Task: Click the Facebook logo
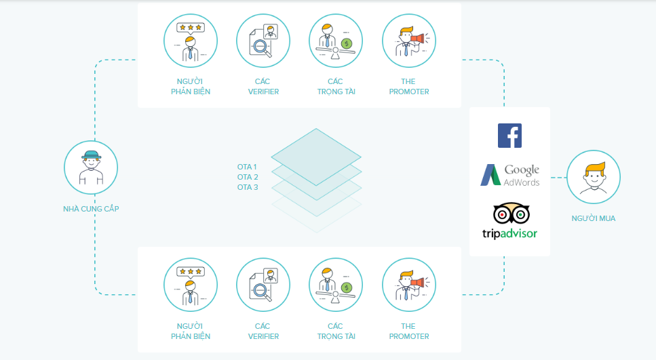coord(509,136)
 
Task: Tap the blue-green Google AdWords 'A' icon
coord(490,175)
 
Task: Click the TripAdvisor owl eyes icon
coord(512,214)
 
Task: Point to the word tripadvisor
coord(509,233)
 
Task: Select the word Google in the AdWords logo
coord(522,169)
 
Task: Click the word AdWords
coord(521,182)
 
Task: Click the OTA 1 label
coord(247,167)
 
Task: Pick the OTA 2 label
coord(248,177)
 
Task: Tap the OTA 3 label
coord(248,187)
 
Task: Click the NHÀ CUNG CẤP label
coord(91,209)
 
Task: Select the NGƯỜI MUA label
coord(593,218)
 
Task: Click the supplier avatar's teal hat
coord(91,155)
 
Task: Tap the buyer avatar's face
coord(594,179)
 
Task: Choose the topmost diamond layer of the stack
coord(316,157)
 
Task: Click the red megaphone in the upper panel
coord(417,39)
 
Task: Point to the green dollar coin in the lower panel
coord(346,287)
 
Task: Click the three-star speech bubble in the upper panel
coord(191,28)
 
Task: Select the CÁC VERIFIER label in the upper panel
coord(263,87)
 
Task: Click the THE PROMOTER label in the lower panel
coord(409,331)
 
